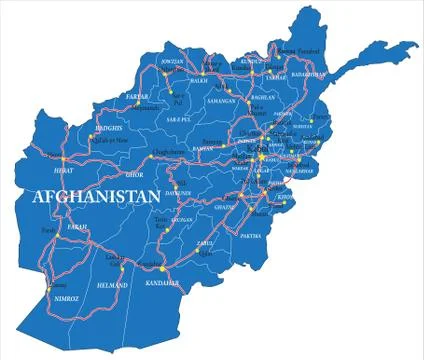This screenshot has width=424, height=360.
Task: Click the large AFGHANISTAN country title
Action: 98,197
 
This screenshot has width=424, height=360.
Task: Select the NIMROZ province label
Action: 66,297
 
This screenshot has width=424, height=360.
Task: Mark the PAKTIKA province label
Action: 250,236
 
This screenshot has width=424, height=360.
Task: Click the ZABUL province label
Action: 206,243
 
